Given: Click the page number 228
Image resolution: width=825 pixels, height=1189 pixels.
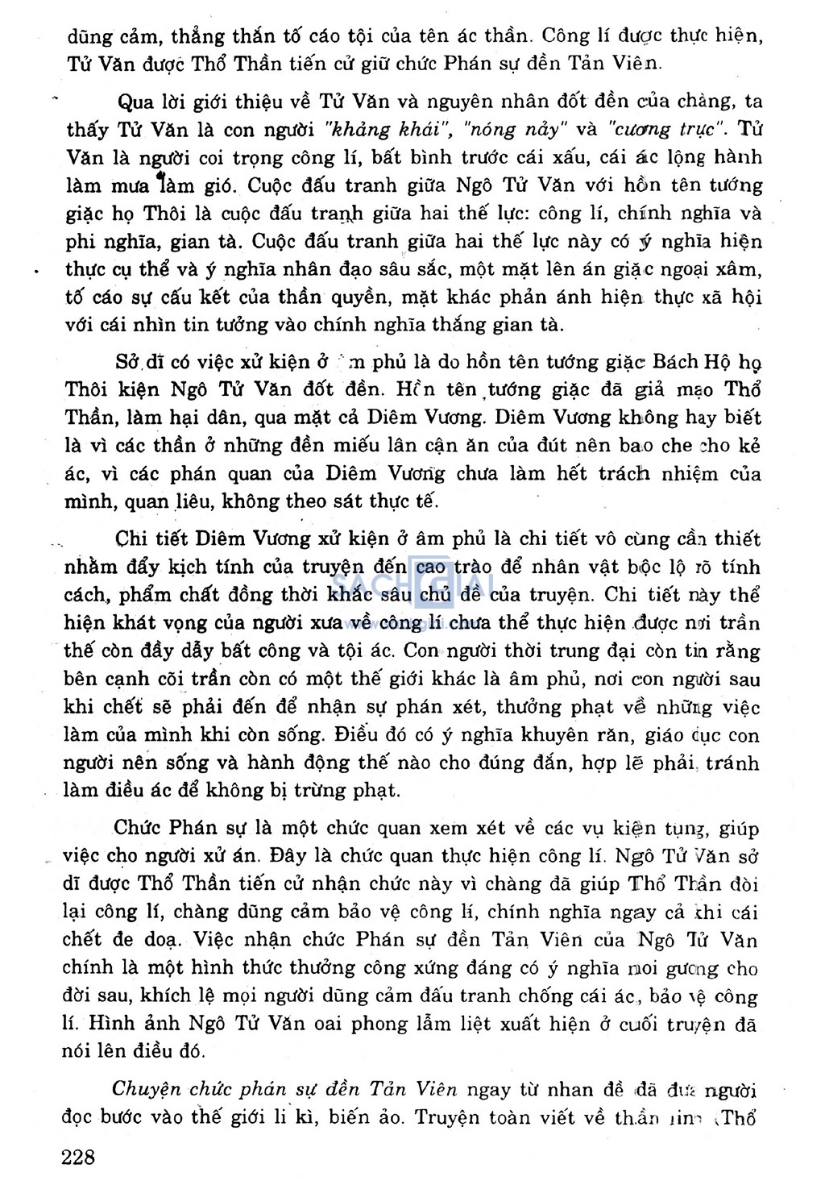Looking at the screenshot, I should (x=79, y=1157).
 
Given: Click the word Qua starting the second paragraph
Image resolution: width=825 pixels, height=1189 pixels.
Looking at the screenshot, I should (x=136, y=102).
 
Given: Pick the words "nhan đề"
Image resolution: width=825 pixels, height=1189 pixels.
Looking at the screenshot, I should (x=582, y=1089).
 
